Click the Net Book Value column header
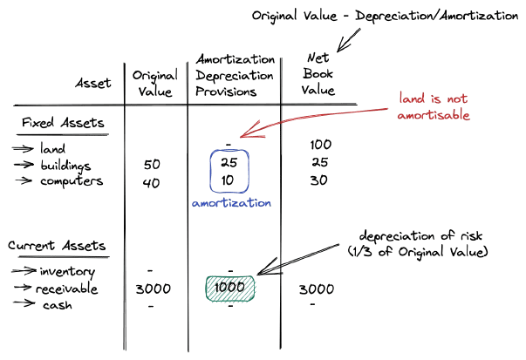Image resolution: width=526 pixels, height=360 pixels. [x=318, y=75]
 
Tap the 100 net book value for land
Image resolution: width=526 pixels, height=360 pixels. [x=321, y=145]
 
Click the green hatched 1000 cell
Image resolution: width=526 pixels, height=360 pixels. [x=230, y=289]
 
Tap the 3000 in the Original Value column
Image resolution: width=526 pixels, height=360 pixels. [x=154, y=289]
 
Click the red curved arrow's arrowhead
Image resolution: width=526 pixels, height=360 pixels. [x=245, y=134]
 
